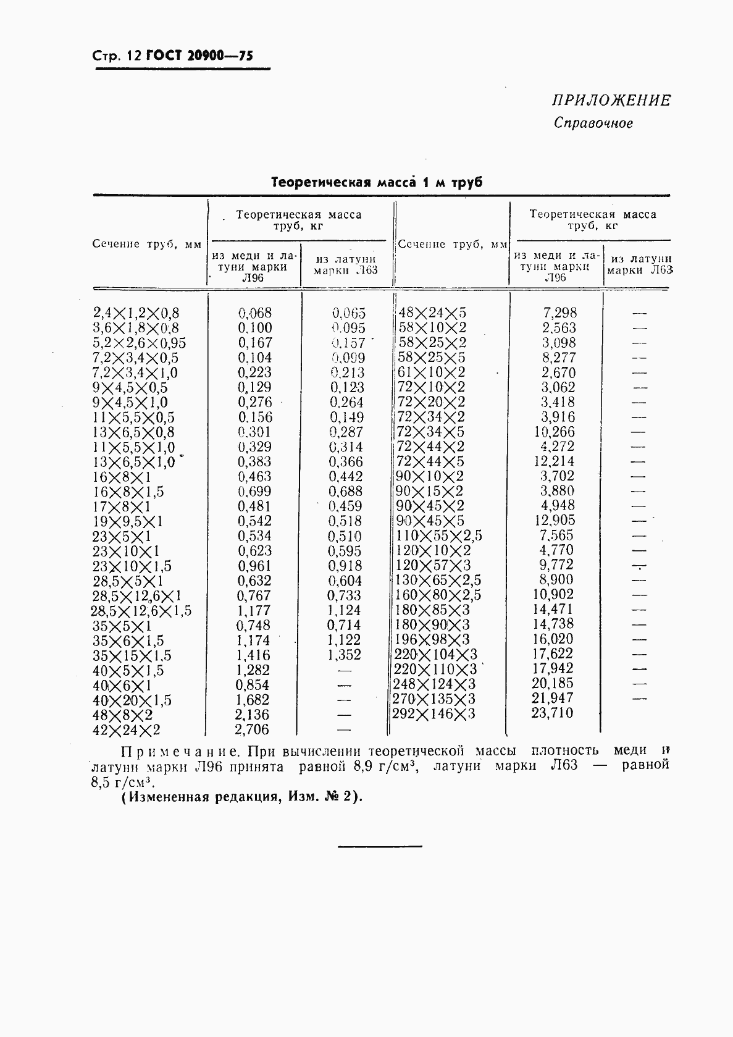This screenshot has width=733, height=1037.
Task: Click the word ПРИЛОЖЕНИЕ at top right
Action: pos(611,100)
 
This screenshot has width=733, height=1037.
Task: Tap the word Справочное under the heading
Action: pos(593,123)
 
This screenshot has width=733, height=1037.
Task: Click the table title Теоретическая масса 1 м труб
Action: pos(377,183)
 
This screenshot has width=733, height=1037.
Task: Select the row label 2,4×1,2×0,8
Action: pos(136,313)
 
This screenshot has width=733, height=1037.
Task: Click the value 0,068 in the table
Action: pos(255,313)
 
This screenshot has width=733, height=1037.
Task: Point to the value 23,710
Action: pos(552,713)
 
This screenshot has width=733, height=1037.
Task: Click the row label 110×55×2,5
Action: pos(438,535)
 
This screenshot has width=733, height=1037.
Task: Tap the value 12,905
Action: pos(554,521)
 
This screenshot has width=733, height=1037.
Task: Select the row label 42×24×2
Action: pos(127,730)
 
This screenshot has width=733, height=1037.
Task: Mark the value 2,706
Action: pos(252,729)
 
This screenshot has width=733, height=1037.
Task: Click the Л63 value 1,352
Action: pos(344,655)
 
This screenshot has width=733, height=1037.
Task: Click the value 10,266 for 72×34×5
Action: pos(554,432)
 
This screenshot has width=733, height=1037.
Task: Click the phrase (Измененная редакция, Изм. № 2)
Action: pos(242,797)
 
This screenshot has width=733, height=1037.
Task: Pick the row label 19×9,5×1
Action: pos(128,521)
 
